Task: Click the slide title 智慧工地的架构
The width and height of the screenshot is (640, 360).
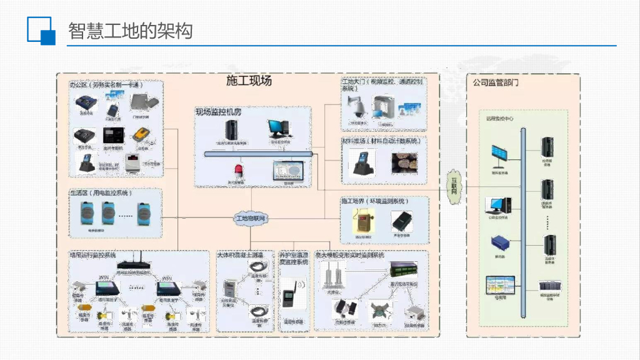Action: click(129, 31)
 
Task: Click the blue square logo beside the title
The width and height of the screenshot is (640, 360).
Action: click(42, 31)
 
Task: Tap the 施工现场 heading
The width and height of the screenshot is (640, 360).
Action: click(248, 81)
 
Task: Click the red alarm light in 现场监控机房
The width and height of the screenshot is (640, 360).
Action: click(238, 171)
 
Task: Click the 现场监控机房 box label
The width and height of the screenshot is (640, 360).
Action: click(218, 112)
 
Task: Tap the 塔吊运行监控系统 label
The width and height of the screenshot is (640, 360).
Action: click(92, 255)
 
